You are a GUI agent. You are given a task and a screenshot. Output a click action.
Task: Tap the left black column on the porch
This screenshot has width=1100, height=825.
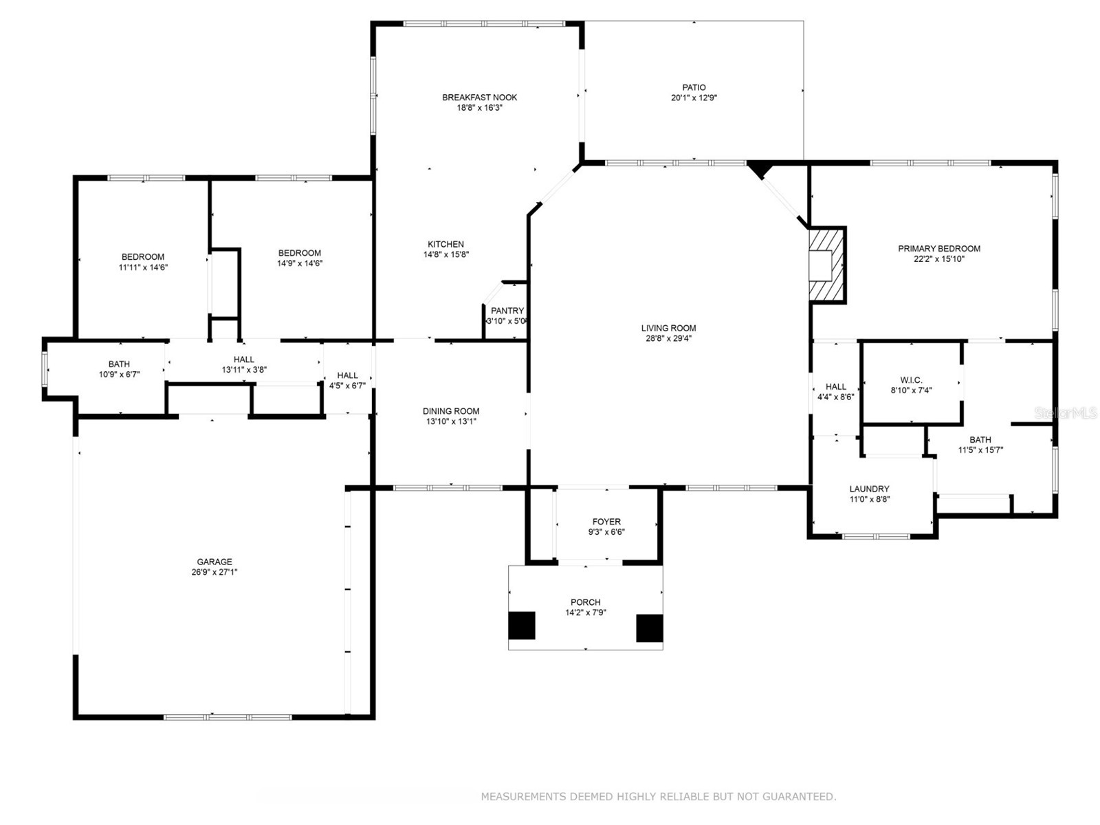click(x=521, y=626)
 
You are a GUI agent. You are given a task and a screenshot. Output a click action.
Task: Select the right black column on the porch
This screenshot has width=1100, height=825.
click(x=649, y=628)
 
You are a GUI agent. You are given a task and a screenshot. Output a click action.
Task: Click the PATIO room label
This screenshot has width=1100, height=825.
click(x=694, y=87)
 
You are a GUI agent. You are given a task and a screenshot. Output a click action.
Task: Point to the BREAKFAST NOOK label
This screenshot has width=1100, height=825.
click(x=479, y=97)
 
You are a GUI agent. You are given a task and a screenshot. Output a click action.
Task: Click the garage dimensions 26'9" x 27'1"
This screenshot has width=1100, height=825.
click(x=214, y=572)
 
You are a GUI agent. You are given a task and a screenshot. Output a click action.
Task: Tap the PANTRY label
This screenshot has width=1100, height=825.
click(x=507, y=311)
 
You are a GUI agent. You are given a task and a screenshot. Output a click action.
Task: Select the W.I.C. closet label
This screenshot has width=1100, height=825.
click(x=911, y=380)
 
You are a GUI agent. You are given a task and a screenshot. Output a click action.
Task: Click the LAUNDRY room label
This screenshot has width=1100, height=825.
click(x=869, y=489)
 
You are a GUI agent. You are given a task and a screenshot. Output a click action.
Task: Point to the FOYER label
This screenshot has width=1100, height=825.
click(x=606, y=522)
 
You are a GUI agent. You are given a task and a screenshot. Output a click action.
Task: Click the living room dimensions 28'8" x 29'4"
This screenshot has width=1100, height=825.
click(x=668, y=338)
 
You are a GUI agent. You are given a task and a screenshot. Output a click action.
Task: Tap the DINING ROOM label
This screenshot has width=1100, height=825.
click(x=451, y=411)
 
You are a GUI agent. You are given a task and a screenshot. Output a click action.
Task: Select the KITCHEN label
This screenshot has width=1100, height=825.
click(x=445, y=244)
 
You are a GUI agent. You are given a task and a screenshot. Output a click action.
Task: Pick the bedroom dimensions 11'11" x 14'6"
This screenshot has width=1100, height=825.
click(x=143, y=267)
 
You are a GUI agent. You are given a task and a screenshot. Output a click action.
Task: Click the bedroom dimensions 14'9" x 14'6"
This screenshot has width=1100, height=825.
click(x=300, y=263)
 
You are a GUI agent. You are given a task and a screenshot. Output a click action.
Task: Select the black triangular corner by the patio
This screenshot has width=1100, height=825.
click(x=760, y=168)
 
